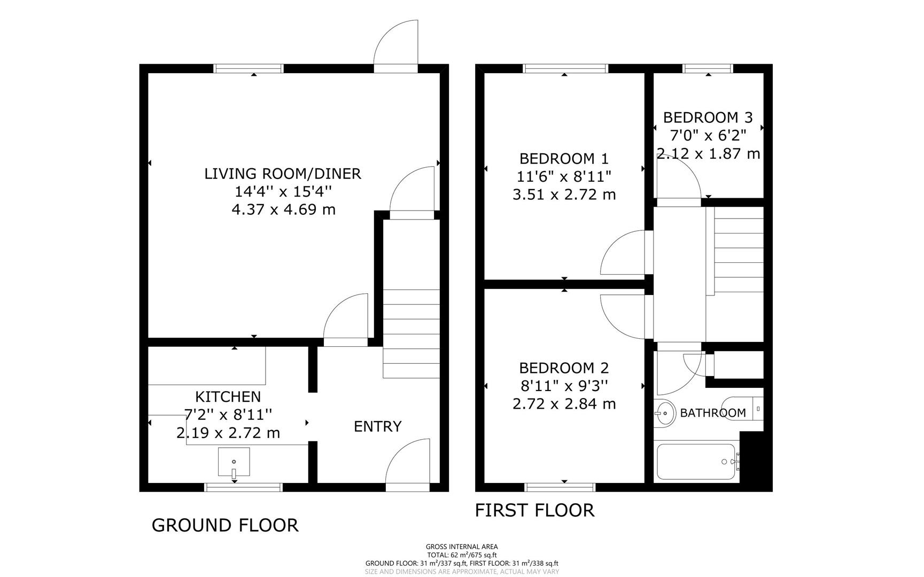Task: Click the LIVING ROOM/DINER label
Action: pos(283,174)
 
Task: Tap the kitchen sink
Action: pos(234,462)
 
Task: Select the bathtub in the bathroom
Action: pos(696,462)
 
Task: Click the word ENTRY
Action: pos(377,426)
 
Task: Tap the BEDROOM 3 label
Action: pos(708,118)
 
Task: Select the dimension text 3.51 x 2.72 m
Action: pos(564,194)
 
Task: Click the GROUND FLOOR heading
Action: pos(225,525)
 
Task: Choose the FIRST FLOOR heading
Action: pos(534,510)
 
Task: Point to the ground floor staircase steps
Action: pos(411,333)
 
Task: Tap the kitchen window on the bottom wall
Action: pos(244,487)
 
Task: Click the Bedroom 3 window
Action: pos(708,68)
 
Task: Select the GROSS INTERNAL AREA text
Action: pos(462,547)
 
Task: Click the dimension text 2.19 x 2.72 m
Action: pos(228,433)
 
